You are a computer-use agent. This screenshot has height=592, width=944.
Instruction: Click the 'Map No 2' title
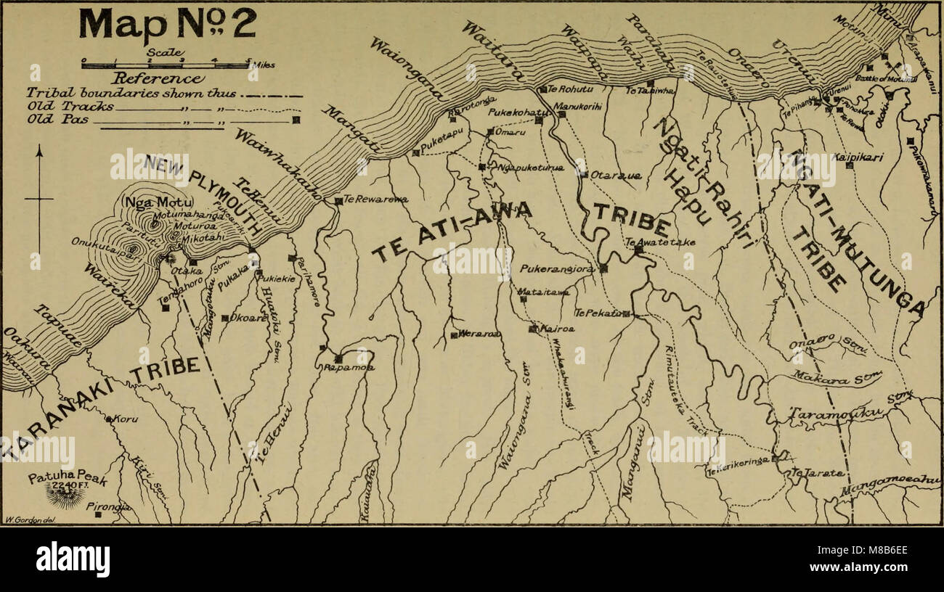[x=167, y=25]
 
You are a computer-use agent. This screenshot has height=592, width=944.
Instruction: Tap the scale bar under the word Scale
[x=166, y=65]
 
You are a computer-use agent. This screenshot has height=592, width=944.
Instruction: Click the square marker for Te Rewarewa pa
[x=338, y=200]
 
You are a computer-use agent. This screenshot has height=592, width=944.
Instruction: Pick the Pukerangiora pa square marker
[x=603, y=268]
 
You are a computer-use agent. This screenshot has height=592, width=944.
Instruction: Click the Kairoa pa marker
[x=533, y=329]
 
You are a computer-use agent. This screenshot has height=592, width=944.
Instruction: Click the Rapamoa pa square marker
[x=338, y=358]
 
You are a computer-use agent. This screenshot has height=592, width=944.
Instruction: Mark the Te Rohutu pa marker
[x=543, y=89]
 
